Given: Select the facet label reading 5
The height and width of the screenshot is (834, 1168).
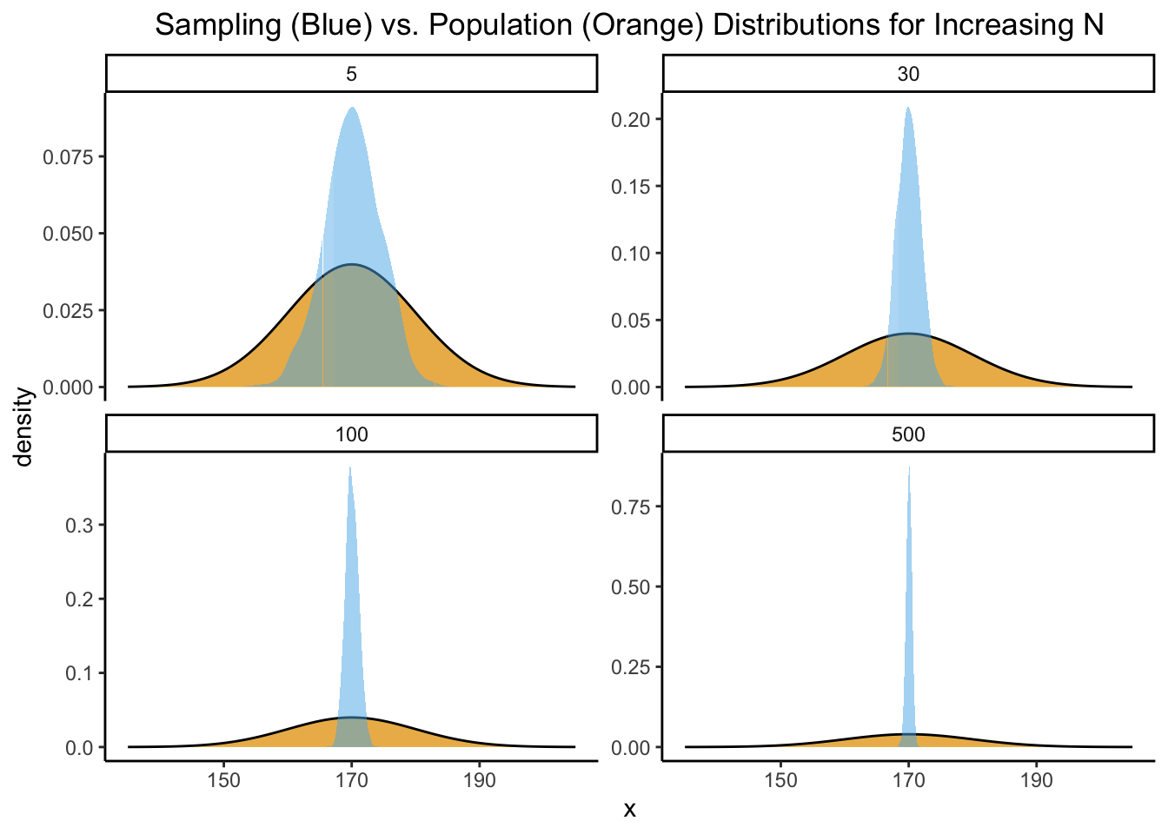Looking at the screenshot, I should pyautogui.click(x=351, y=74).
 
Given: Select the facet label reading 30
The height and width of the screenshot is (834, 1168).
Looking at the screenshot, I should pyautogui.click(x=908, y=74).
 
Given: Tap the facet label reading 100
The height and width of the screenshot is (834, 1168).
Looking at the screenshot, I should pyautogui.click(x=351, y=434).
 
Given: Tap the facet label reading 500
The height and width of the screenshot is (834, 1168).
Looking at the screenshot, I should pyautogui.click(x=908, y=434).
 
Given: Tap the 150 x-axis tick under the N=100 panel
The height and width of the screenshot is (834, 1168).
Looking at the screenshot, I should pyautogui.click(x=224, y=780).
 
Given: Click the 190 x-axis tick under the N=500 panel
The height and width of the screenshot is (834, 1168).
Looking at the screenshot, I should pyautogui.click(x=1036, y=780).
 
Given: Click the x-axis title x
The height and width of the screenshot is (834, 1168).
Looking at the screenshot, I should pyautogui.click(x=630, y=811).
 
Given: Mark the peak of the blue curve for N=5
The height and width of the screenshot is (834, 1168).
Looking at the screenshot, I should pyautogui.click(x=352, y=108).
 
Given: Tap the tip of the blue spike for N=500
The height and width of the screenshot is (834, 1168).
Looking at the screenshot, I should pyautogui.click(x=909, y=467).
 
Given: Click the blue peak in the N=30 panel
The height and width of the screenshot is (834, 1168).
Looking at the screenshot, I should pyautogui.click(x=908, y=108).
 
